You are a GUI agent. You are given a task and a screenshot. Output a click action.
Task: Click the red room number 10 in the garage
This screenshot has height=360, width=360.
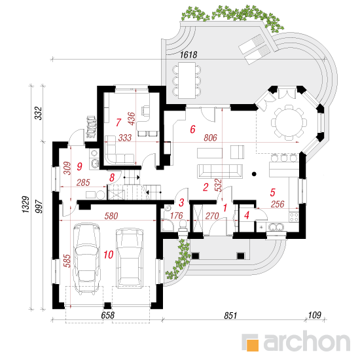(109, 255)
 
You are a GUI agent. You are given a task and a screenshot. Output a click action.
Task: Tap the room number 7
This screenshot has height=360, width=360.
(118, 122)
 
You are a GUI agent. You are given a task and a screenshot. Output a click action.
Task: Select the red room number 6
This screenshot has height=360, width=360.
(192, 129)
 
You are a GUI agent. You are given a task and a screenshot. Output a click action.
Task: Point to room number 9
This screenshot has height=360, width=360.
(79, 166)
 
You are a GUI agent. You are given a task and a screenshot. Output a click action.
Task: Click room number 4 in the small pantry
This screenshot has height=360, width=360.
(247, 215)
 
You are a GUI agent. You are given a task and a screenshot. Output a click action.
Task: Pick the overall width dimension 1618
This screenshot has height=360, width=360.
(189, 54)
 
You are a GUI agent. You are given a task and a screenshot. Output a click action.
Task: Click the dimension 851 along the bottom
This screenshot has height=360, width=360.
(230, 315)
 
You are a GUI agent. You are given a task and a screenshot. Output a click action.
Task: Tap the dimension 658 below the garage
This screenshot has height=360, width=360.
(108, 315)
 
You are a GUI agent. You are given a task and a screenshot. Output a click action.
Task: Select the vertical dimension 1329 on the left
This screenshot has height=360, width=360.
(26, 204)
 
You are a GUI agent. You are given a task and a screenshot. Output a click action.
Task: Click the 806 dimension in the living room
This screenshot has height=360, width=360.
(210, 137)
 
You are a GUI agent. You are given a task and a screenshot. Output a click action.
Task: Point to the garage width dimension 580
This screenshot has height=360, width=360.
(111, 216)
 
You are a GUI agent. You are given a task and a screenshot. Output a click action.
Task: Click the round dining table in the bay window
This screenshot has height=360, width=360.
(289, 122)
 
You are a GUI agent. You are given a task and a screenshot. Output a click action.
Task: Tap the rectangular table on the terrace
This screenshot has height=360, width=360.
(187, 81)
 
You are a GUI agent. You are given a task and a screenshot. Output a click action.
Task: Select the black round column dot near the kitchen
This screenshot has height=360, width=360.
(254, 174)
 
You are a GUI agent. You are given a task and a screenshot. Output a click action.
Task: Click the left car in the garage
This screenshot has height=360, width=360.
(86, 259)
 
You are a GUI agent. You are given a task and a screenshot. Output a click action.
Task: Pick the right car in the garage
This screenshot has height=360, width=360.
(130, 259)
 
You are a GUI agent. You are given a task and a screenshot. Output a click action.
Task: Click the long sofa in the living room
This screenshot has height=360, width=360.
(220, 171)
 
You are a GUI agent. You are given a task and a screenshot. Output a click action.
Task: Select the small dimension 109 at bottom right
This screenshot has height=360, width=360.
(314, 315)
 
